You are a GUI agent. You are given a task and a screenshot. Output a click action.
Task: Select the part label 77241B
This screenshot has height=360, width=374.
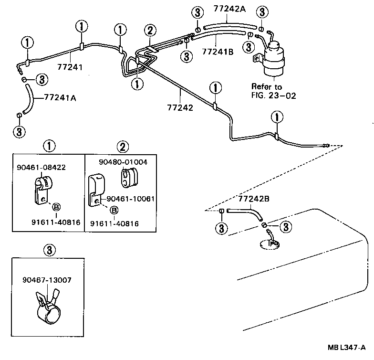pyautogui.click(x=218, y=52)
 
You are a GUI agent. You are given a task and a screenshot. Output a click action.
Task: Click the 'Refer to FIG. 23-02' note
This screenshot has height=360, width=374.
pyautogui.click(x=273, y=91)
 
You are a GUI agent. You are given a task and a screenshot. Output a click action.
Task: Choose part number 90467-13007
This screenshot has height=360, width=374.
pyautogui.click(x=46, y=280)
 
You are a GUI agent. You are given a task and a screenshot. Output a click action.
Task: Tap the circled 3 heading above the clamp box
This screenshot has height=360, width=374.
pyautogui.click(x=48, y=249)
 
